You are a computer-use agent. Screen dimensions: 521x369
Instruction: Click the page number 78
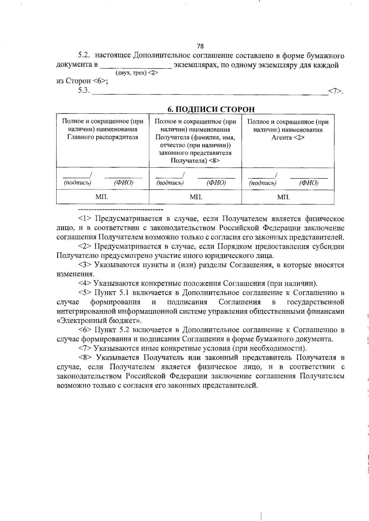coord(200,46)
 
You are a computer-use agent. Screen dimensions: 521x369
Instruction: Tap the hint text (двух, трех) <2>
coord(137,73)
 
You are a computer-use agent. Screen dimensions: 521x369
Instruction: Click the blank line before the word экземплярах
coord(136,66)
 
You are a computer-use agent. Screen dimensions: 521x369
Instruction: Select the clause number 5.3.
coord(83,90)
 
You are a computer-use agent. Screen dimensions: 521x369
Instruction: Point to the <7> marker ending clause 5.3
coord(335,91)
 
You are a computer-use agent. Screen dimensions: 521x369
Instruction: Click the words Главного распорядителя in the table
coord(103,137)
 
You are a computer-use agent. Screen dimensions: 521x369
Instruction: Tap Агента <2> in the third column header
coord(288,137)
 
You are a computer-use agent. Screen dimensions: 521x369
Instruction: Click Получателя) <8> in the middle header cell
coord(195,161)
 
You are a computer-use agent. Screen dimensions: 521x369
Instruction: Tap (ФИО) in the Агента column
coord(308,183)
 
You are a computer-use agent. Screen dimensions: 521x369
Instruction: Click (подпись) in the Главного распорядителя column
coord(77,183)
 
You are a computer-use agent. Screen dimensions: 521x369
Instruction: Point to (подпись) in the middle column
coord(170,183)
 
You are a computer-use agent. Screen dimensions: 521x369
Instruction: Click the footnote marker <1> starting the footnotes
coord(85,219)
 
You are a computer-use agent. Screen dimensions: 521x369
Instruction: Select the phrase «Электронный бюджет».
coord(99,320)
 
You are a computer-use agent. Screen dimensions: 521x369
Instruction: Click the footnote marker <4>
coord(85,283)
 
